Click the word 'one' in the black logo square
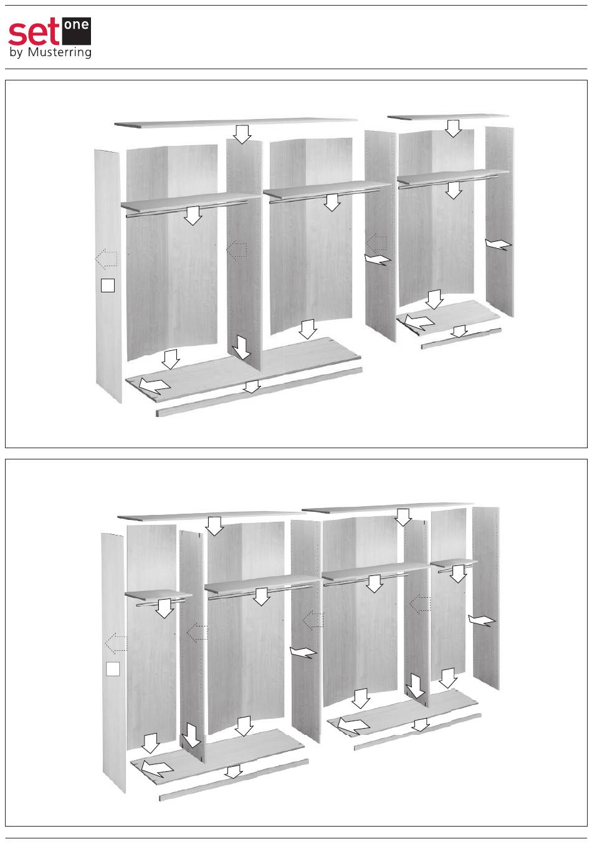pos(76,26)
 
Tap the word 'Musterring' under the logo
pos(59,52)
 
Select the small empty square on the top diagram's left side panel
pos(108,286)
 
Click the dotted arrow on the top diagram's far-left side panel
pos(106,259)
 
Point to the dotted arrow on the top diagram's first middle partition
pos(237,250)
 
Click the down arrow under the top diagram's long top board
pos(242,134)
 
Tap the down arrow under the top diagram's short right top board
pos(454,128)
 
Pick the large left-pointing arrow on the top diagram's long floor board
pos(154,385)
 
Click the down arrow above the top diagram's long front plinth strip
pos(252,386)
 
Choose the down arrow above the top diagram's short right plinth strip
pos(459,332)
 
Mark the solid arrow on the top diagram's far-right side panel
pos(498,244)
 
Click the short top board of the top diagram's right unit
pos(448,117)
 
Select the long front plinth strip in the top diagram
pos(259,392)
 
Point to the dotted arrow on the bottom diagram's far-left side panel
pos(116,643)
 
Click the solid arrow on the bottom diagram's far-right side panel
pos(482,620)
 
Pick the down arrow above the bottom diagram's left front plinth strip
pos(234,772)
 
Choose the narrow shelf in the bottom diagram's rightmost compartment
pos(454,564)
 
